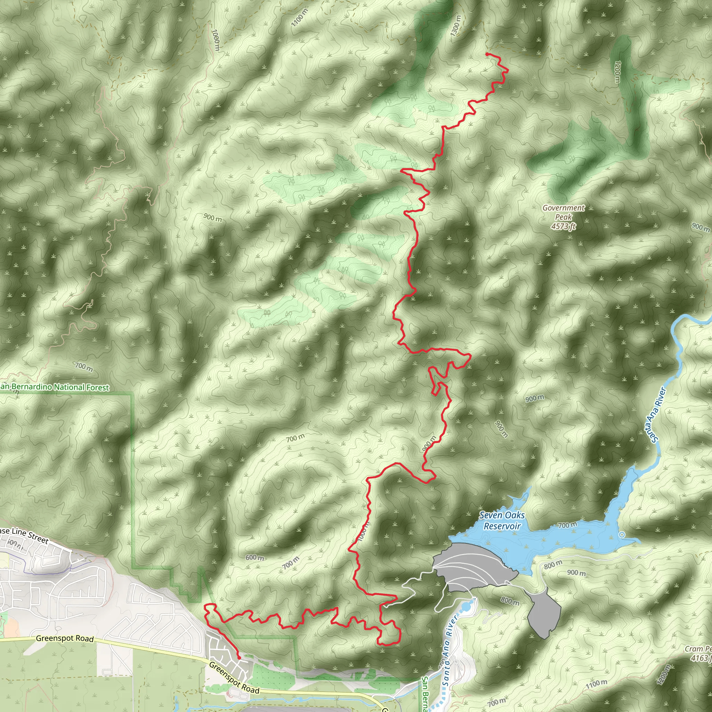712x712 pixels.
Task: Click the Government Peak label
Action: [563, 212]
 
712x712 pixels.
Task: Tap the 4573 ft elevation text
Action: [563, 226]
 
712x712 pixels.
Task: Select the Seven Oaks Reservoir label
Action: [502, 520]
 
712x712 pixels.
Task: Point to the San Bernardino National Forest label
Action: [55, 387]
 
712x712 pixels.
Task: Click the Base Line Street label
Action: [24, 535]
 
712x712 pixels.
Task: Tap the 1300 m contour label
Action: [456, 26]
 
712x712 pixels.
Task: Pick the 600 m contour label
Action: [254, 558]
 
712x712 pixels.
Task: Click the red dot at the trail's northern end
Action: [487, 54]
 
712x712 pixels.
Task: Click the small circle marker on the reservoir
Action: [622, 534]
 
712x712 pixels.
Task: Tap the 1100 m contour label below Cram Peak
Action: [596, 683]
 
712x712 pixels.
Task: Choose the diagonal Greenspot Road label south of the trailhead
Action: [234, 677]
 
